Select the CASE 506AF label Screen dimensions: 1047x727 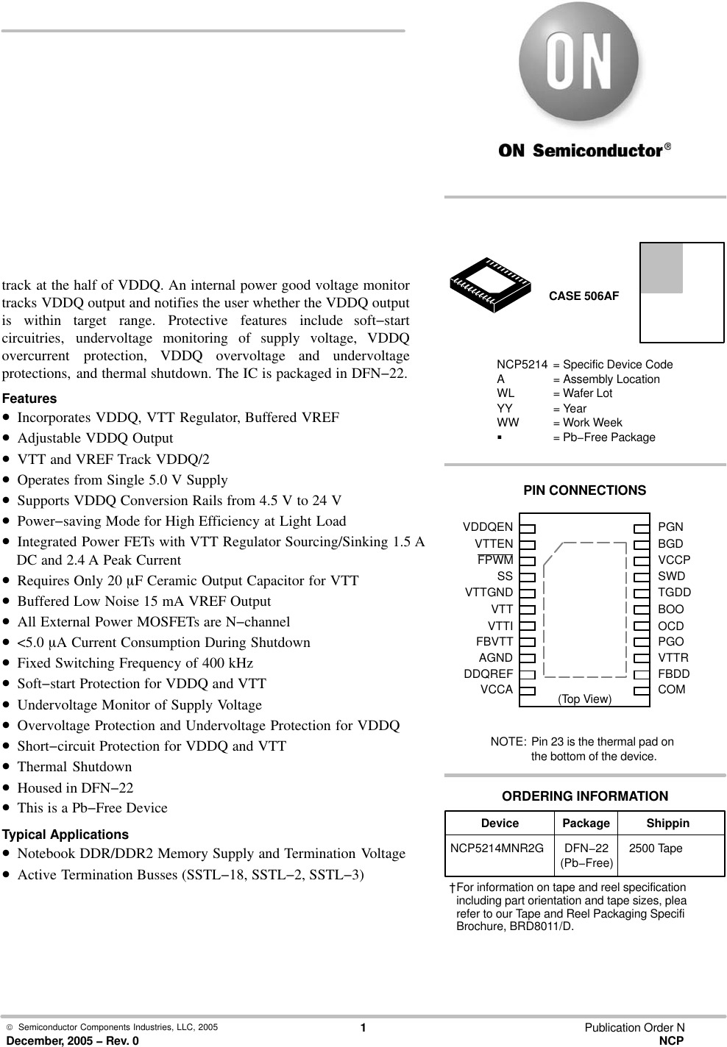(584, 296)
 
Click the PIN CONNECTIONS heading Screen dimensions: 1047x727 (584, 490)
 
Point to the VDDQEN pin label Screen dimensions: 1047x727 (488, 527)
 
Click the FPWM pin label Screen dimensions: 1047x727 (495, 560)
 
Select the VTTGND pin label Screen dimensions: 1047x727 (489, 593)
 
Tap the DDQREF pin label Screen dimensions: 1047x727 (488, 673)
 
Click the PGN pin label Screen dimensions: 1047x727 (670, 527)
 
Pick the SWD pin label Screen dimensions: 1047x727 (671, 576)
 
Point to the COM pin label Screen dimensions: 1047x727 (671, 690)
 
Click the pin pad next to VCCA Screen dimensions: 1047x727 (527, 690)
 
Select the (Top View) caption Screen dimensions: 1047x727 (584, 698)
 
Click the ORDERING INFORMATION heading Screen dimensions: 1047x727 (585, 796)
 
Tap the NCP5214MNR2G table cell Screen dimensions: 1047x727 (497, 848)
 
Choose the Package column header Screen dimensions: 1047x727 (586, 823)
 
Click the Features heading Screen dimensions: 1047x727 (29, 399)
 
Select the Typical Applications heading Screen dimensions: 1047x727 (65, 835)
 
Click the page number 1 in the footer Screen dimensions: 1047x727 (363, 1028)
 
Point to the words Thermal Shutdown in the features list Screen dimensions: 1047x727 (74, 767)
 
